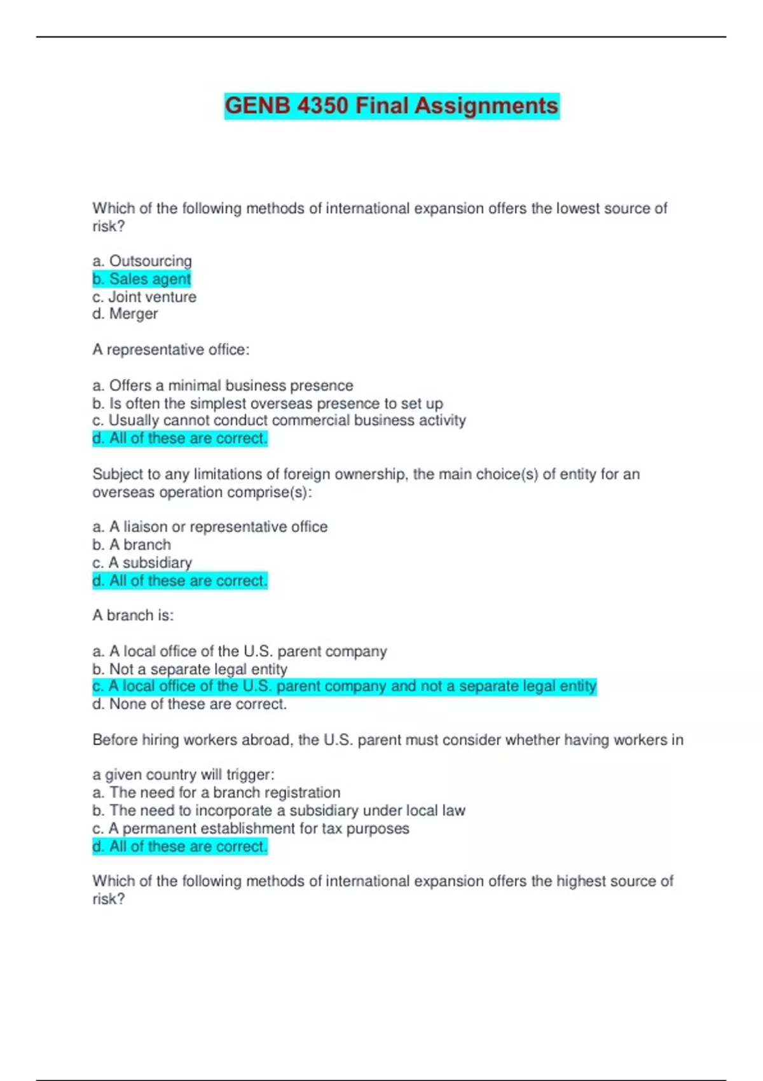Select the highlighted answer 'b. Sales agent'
[141, 279]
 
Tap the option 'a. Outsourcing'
[142, 261]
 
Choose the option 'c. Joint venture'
[144, 297]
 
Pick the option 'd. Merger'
[125, 314]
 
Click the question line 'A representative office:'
[171, 350]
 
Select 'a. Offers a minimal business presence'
[223, 385]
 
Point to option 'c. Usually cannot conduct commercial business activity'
[279, 420]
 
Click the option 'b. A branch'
[132, 545]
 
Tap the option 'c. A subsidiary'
[142, 563]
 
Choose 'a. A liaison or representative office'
[210, 527]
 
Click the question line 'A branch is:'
[133, 616]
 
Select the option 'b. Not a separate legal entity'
[189, 669]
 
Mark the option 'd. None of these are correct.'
[189, 705]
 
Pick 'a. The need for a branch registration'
[216, 792]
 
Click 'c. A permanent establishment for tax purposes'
[251, 829]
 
